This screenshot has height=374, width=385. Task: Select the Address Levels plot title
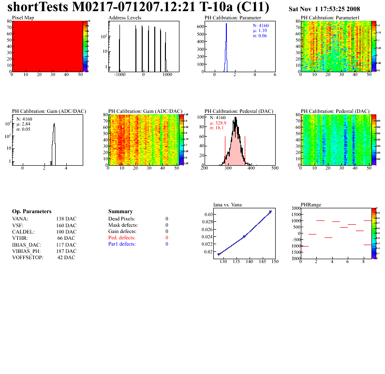pyautogui.click(x=125, y=17)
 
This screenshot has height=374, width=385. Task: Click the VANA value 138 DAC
pyautogui.click(x=66, y=219)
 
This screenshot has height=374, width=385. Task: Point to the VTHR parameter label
pyautogui.click(x=20, y=238)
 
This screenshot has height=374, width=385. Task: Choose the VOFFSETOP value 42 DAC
pyautogui.click(x=66, y=257)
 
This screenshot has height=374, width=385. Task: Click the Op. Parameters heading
pyautogui.click(x=31, y=212)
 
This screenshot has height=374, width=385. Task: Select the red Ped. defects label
pyautogui.click(x=122, y=238)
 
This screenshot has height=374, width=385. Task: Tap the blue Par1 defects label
pyautogui.click(x=122, y=244)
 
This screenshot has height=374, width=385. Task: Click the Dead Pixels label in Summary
pyautogui.click(x=122, y=219)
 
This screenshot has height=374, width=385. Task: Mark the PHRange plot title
pyautogui.click(x=310, y=205)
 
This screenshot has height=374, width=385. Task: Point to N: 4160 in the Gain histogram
pyautogui.click(x=25, y=119)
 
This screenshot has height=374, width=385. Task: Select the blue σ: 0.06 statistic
pyautogui.click(x=260, y=36)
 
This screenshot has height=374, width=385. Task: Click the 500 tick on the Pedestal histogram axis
pyautogui.click(x=274, y=168)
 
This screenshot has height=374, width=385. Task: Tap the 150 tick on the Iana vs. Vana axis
pyautogui.click(x=275, y=262)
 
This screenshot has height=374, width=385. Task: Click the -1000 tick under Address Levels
pyautogui.click(x=119, y=75)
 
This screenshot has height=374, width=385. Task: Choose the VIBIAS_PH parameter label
pyautogui.click(x=27, y=251)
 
